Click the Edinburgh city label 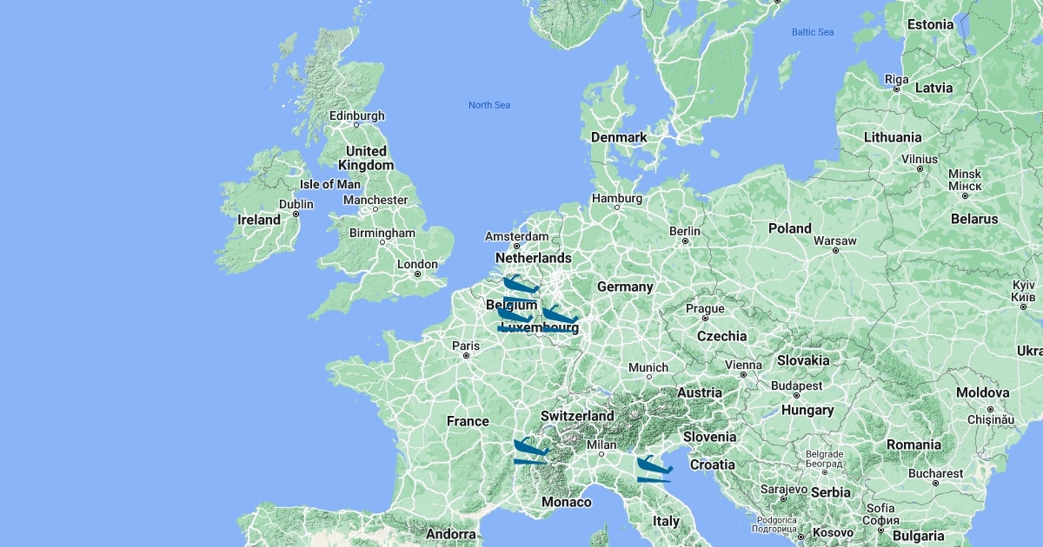click(356, 115)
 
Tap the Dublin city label click(296, 204)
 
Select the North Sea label click(489, 105)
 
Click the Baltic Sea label click(812, 32)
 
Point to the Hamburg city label click(617, 198)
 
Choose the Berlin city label click(685, 231)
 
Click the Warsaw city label click(835, 241)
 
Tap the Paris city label click(466, 346)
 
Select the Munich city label click(648, 368)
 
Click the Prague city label click(705, 308)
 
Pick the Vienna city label click(743, 365)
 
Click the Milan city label click(601, 445)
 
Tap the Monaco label click(566, 502)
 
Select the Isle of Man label click(329, 184)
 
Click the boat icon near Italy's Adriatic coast click(654, 469)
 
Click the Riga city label click(896, 79)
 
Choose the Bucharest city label click(935, 474)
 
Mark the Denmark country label click(619, 137)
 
